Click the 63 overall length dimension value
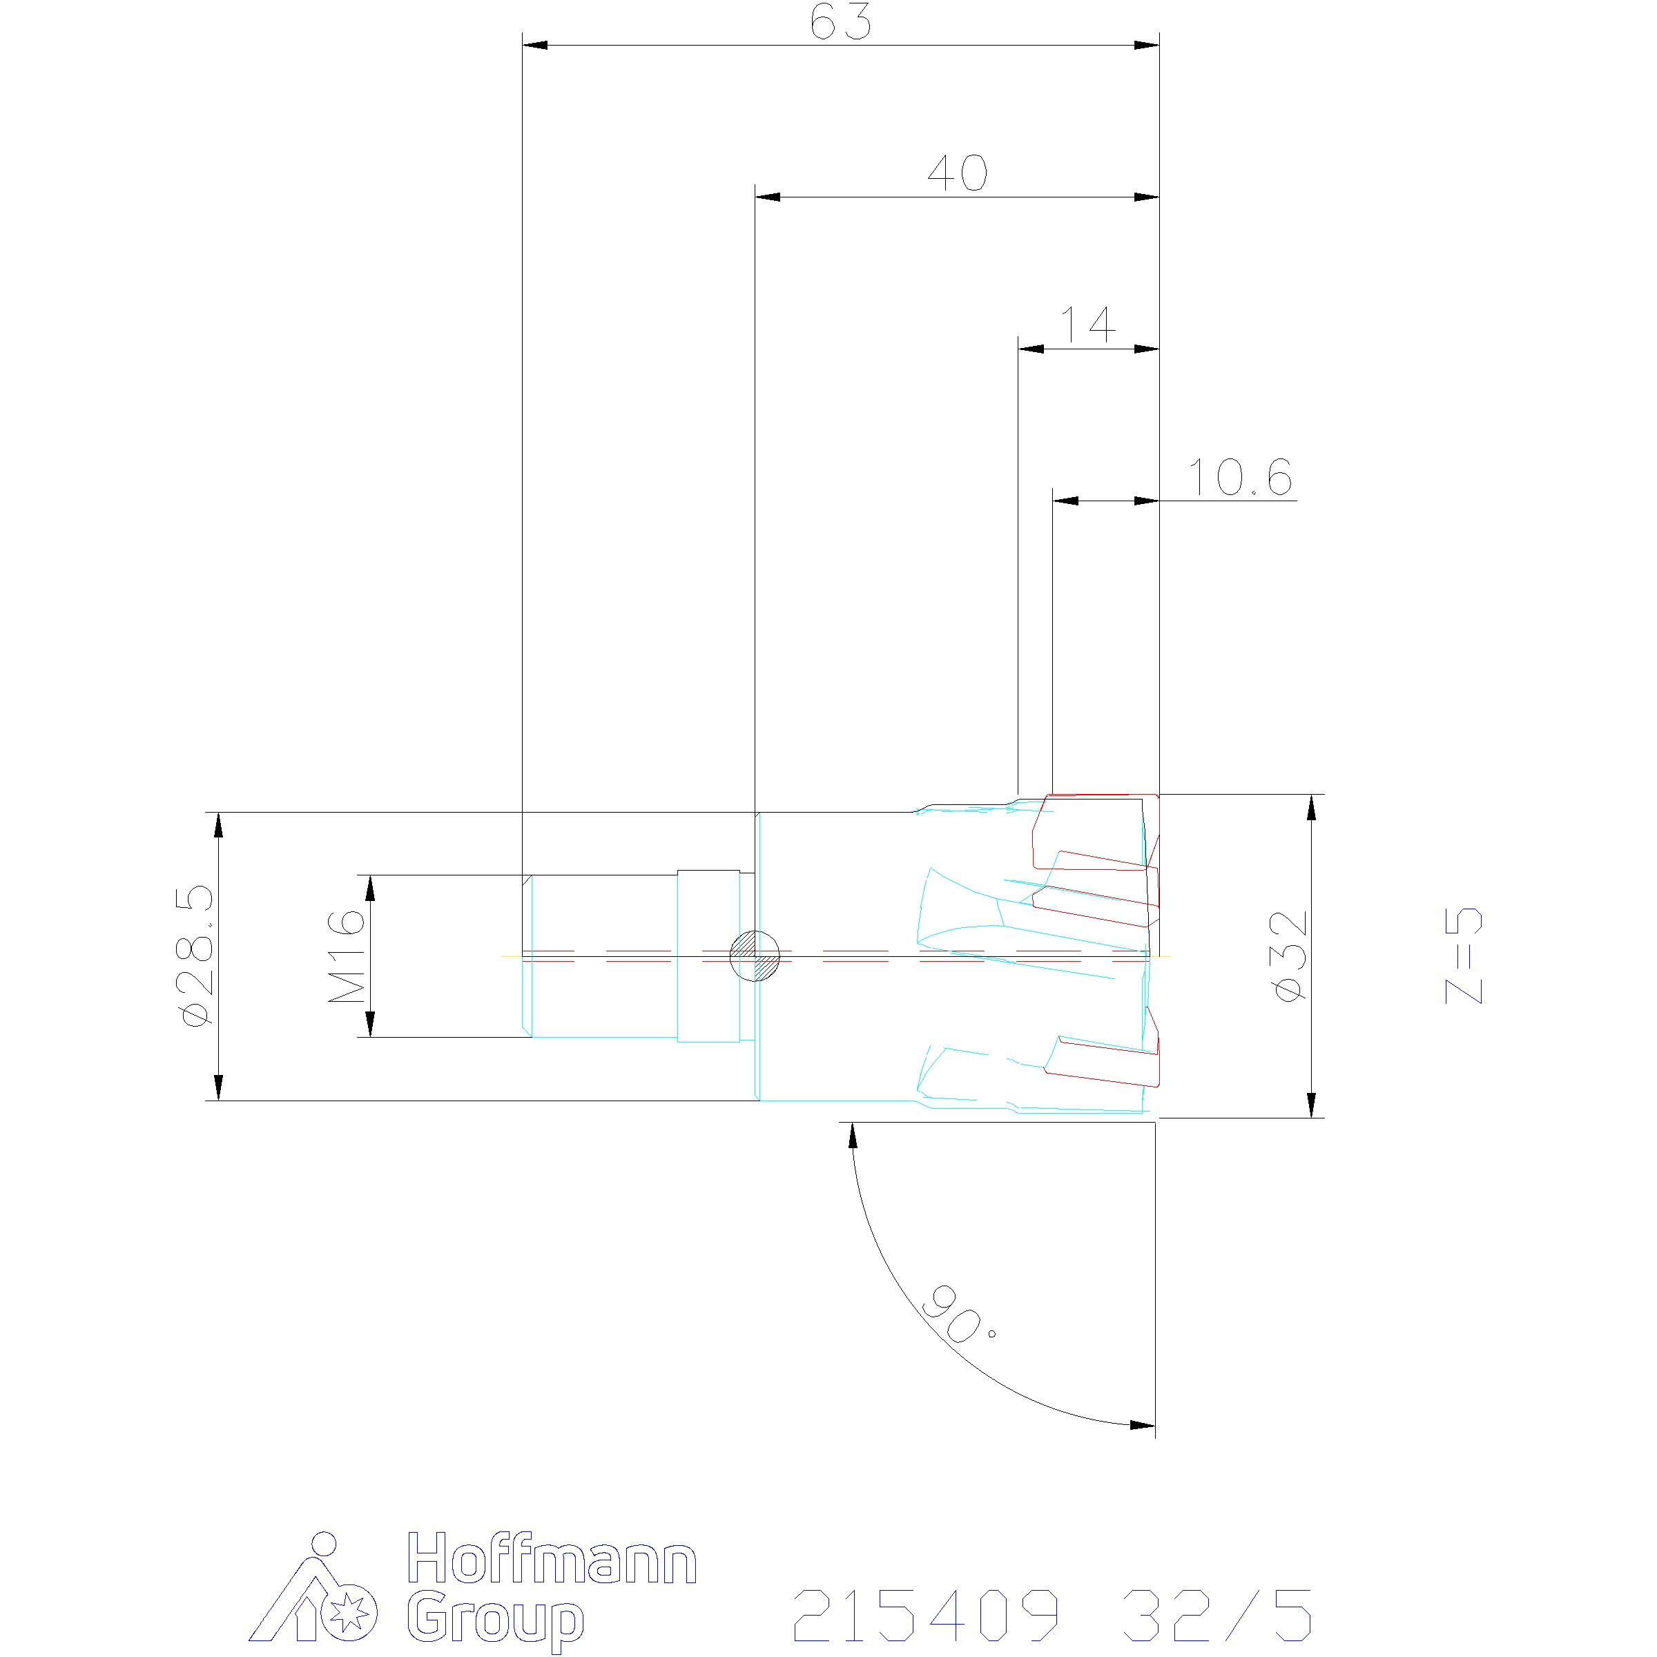pyautogui.click(x=840, y=22)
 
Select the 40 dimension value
pyautogui.click(x=957, y=173)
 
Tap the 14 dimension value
pyautogui.click(x=1087, y=325)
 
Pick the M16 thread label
pyautogui.click(x=347, y=956)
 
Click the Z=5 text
pyautogui.click(x=1464, y=956)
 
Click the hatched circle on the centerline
pyautogui.click(x=754, y=956)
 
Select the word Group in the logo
pyautogui.click(x=495, y=1619)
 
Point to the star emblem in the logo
pyautogui.click(x=348, y=1614)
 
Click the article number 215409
pyautogui.click(x=927, y=1615)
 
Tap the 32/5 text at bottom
pyautogui.click(x=1216, y=1615)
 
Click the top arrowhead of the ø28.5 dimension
pyautogui.click(x=219, y=825)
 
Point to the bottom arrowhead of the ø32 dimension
pyautogui.click(x=1310, y=1105)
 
